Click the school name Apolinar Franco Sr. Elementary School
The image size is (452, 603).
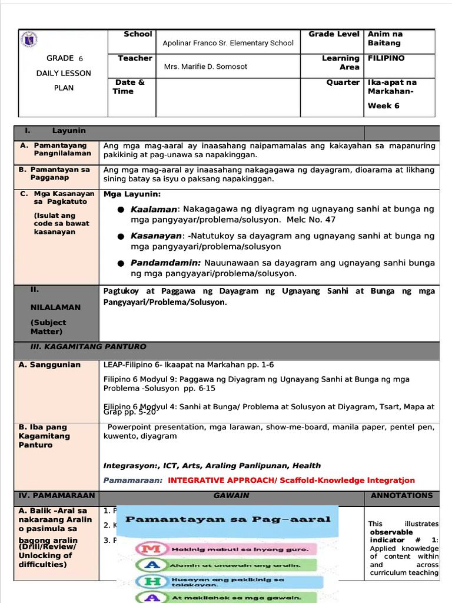pyautogui.click(x=228, y=43)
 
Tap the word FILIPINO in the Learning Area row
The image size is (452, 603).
pyautogui.click(x=386, y=58)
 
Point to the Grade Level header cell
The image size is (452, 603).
pyautogui.click(x=334, y=34)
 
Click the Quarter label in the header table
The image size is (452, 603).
pyautogui.click(x=343, y=82)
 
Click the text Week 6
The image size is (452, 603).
pyautogui.click(x=383, y=106)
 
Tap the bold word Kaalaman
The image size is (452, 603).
pyautogui.click(x=154, y=209)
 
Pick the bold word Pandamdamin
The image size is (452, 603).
pyautogui.click(x=165, y=263)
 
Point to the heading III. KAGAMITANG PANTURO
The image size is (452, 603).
pyautogui.click(x=88, y=347)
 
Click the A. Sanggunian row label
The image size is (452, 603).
pyautogui.click(x=49, y=365)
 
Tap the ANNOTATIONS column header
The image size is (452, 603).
pyautogui.click(x=401, y=496)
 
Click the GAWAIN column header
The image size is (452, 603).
pyautogui.click(x=231, y=496)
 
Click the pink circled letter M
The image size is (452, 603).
pyautogui.click(x=145, y=549)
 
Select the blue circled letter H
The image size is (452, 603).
pyautogui.click(x=145, y=582)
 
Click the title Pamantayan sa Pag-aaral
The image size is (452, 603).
pyautogui.click(x=229, y=519)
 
